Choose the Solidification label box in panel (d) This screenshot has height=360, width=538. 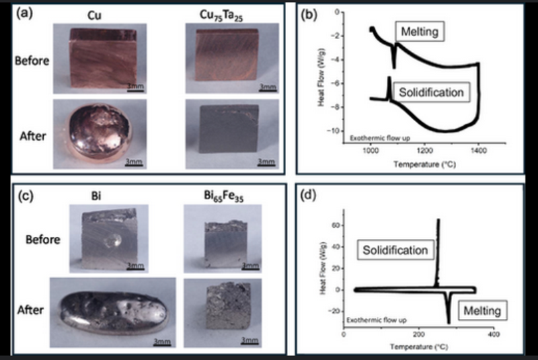click(395, 250)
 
